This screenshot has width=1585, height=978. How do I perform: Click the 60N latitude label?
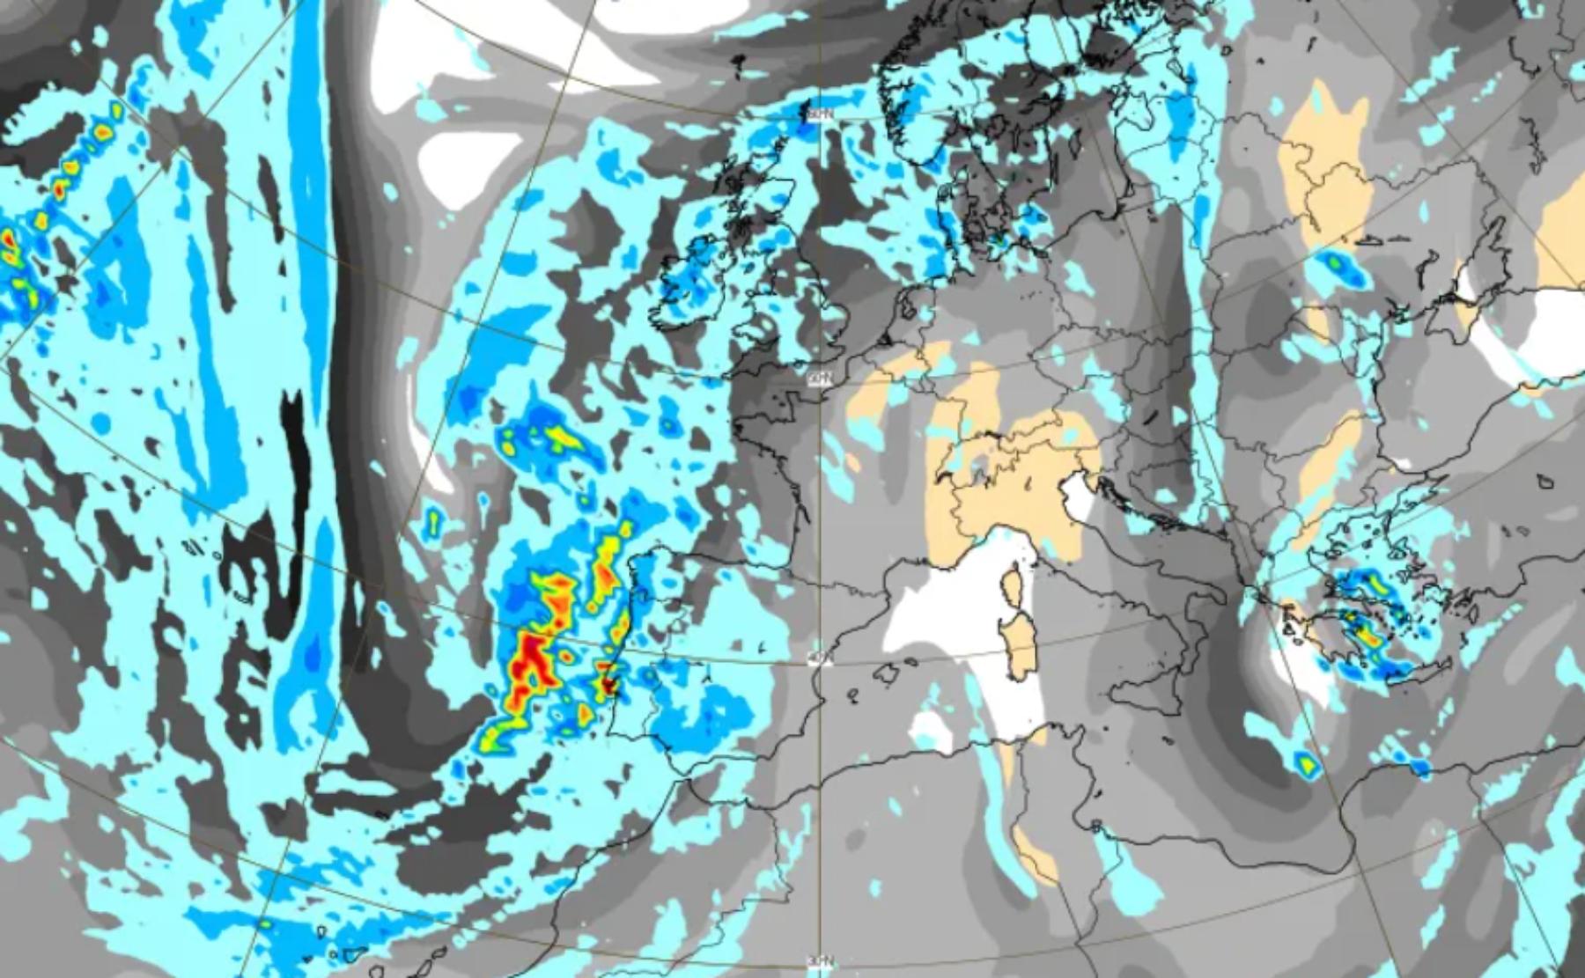(x=820, y=114)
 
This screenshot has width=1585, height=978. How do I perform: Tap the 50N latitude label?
(x=820, y=377)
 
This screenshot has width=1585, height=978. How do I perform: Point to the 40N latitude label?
(x=820, y=658)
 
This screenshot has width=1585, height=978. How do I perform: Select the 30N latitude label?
(x=820, y=960)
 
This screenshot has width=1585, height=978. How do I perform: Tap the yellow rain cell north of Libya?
(x=1304, y=763)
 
